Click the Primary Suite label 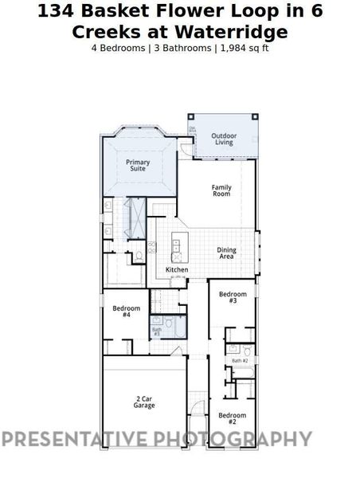[138, 165]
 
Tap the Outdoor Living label [223, 139]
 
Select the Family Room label [221, 190]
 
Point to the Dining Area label [226, 253]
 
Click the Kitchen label [177, 270]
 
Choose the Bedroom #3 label [233, 297]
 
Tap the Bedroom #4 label [126, 311]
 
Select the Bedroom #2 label [232, 417]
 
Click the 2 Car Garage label [144, 402]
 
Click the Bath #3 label [157, 331]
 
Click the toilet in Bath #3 [168, 322]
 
